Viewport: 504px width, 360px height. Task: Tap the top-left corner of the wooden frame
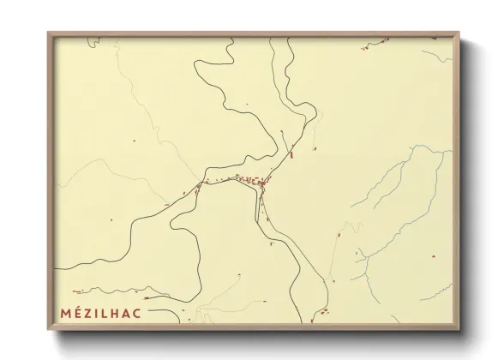point(48,33)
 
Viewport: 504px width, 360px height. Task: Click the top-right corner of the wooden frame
point(459,33)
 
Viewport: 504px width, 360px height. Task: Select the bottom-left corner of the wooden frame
point(48,330)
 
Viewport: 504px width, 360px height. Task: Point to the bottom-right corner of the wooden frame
point(459,330)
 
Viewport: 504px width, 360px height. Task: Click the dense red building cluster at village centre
point(261,183)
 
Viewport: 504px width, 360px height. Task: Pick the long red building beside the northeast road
point(292,155)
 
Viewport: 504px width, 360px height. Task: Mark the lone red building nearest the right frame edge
point(433,255)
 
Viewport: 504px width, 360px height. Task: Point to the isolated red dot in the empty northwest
point(134,141)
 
